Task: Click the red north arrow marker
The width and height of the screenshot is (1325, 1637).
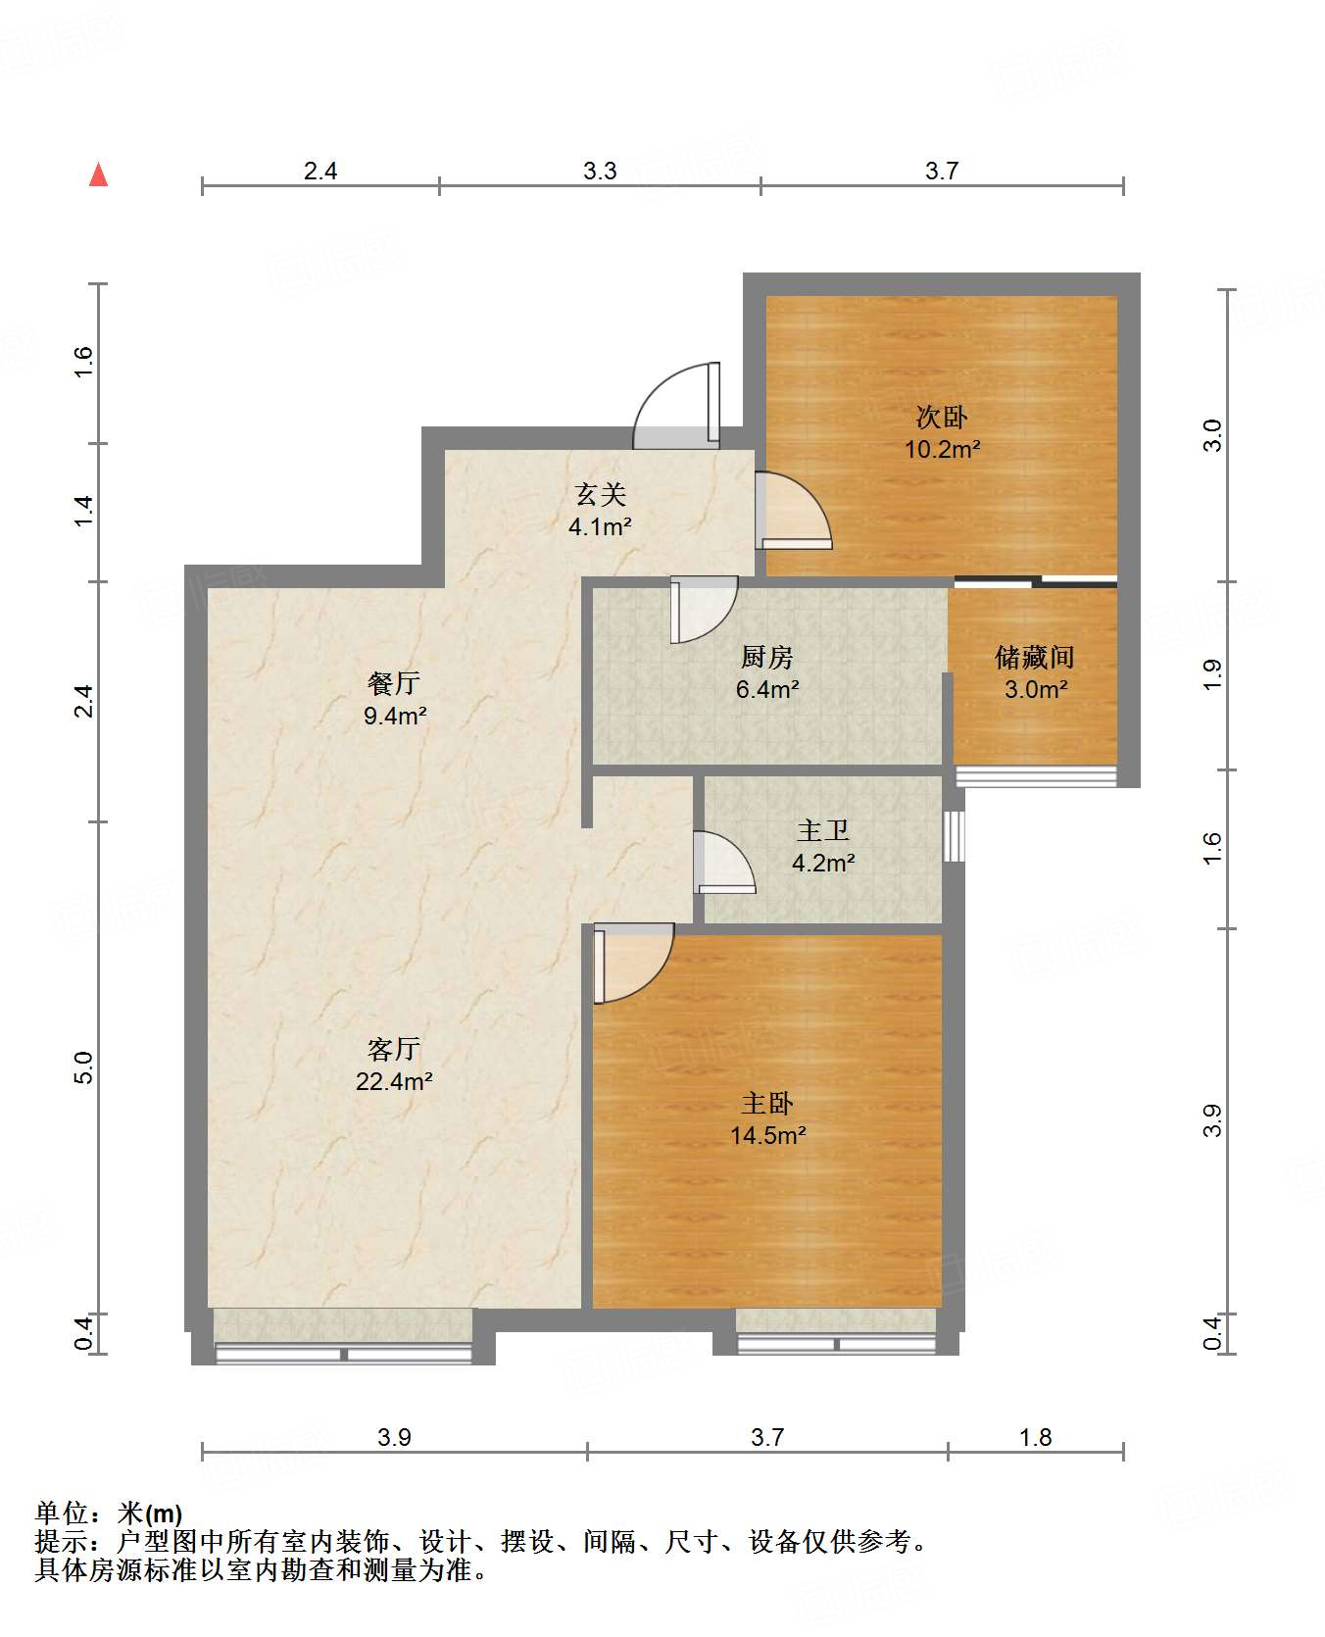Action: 98,174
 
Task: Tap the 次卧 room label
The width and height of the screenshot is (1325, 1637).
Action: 942,418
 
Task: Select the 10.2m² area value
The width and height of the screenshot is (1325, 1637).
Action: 942,450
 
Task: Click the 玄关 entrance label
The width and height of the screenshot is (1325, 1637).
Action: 600,495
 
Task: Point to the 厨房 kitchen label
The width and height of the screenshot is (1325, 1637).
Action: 766,657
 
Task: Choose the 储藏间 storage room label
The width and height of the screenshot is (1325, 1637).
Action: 1035,657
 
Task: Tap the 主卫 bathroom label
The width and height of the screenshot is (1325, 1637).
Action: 822,831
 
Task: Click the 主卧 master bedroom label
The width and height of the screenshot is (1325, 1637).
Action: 767,1104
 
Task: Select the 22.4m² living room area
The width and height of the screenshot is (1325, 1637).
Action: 394,1082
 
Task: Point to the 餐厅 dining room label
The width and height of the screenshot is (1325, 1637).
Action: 394,683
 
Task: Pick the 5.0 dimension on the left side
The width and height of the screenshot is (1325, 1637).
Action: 84,1067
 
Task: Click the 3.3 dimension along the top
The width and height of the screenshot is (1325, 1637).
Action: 600,172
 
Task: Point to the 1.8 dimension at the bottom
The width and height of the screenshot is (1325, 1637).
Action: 1035,1438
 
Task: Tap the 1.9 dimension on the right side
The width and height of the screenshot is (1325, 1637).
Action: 1212,674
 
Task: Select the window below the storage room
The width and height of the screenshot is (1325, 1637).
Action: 1036,776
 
